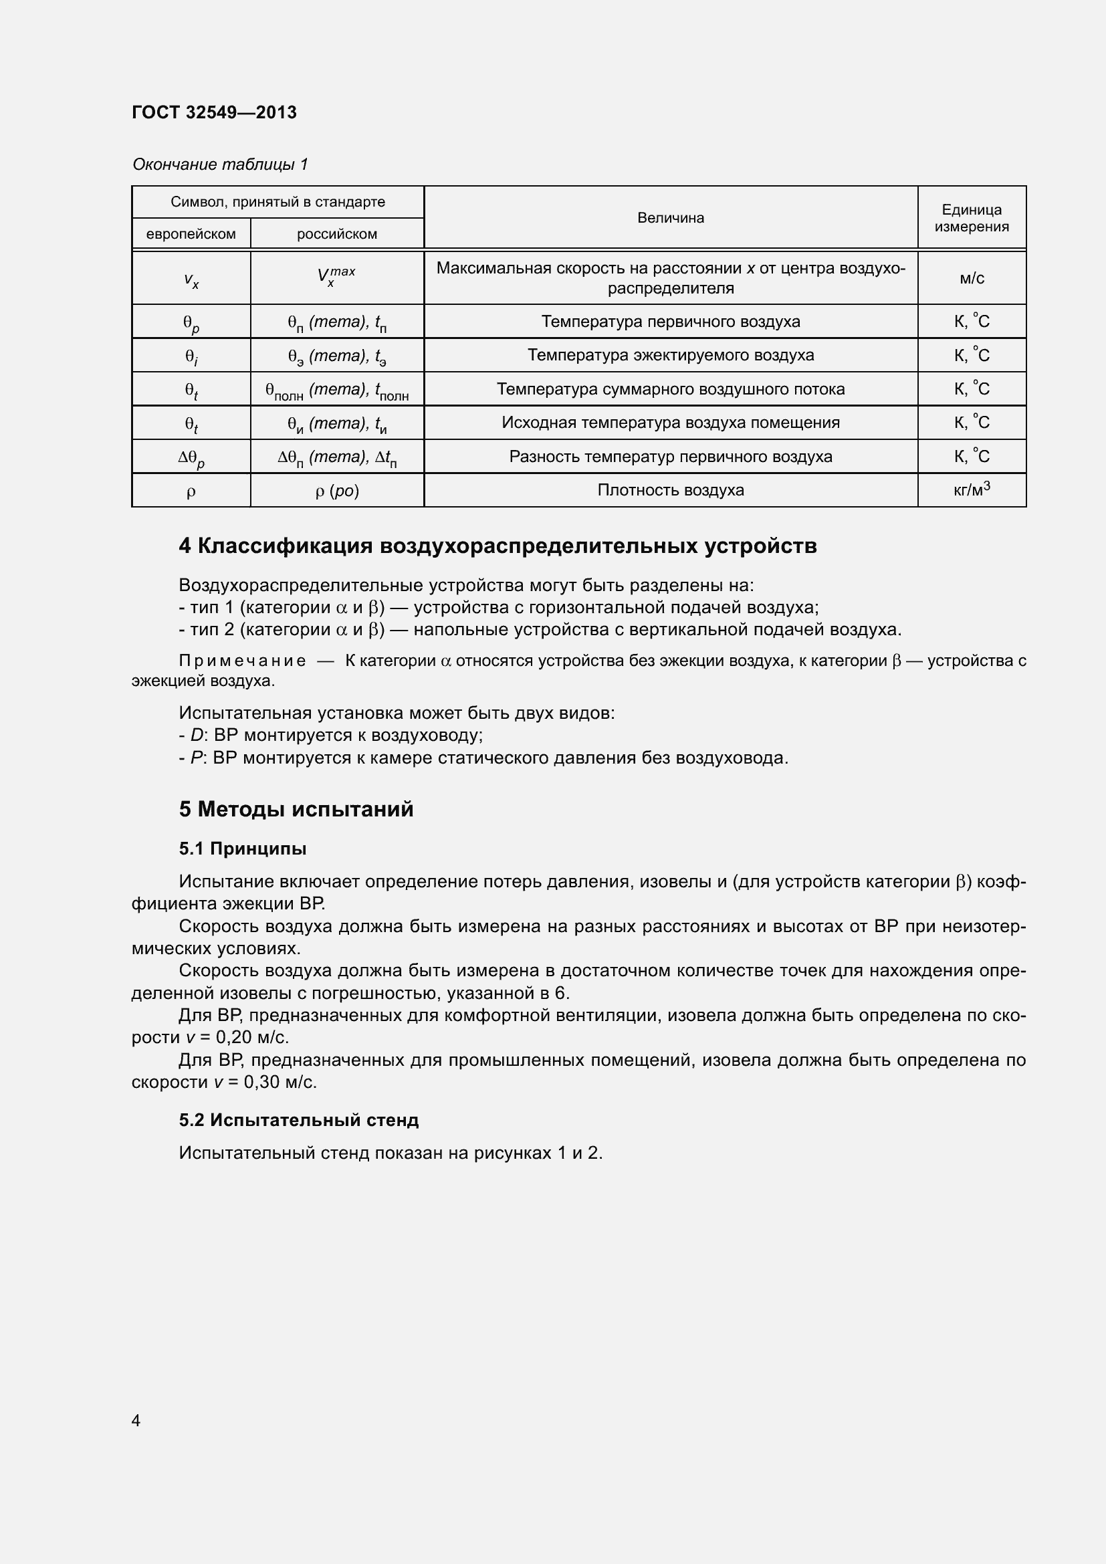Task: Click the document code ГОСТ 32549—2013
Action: pos(214,112)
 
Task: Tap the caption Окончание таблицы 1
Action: pos(220,164)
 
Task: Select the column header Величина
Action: pos(670,218)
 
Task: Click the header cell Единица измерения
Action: pos(971,218)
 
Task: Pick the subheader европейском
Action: pos(191,234)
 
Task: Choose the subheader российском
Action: pos(336,234)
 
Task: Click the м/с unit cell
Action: pos(971,278)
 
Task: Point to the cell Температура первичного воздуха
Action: pos(670,322)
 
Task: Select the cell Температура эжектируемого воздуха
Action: pos(670,355)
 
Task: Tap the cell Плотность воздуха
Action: pos(670,489)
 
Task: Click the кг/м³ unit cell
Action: pos(971,489)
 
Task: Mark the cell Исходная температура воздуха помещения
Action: pos(670,423)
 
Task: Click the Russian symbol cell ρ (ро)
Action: pos(336,490)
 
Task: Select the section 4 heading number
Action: pos(185,546)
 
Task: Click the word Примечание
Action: pos(242,661)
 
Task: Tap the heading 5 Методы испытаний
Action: pos(296,809)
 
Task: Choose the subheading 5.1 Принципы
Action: pos(243,849)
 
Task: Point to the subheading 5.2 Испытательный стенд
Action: pos(299,1120)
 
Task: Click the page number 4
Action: pos(136,1420)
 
